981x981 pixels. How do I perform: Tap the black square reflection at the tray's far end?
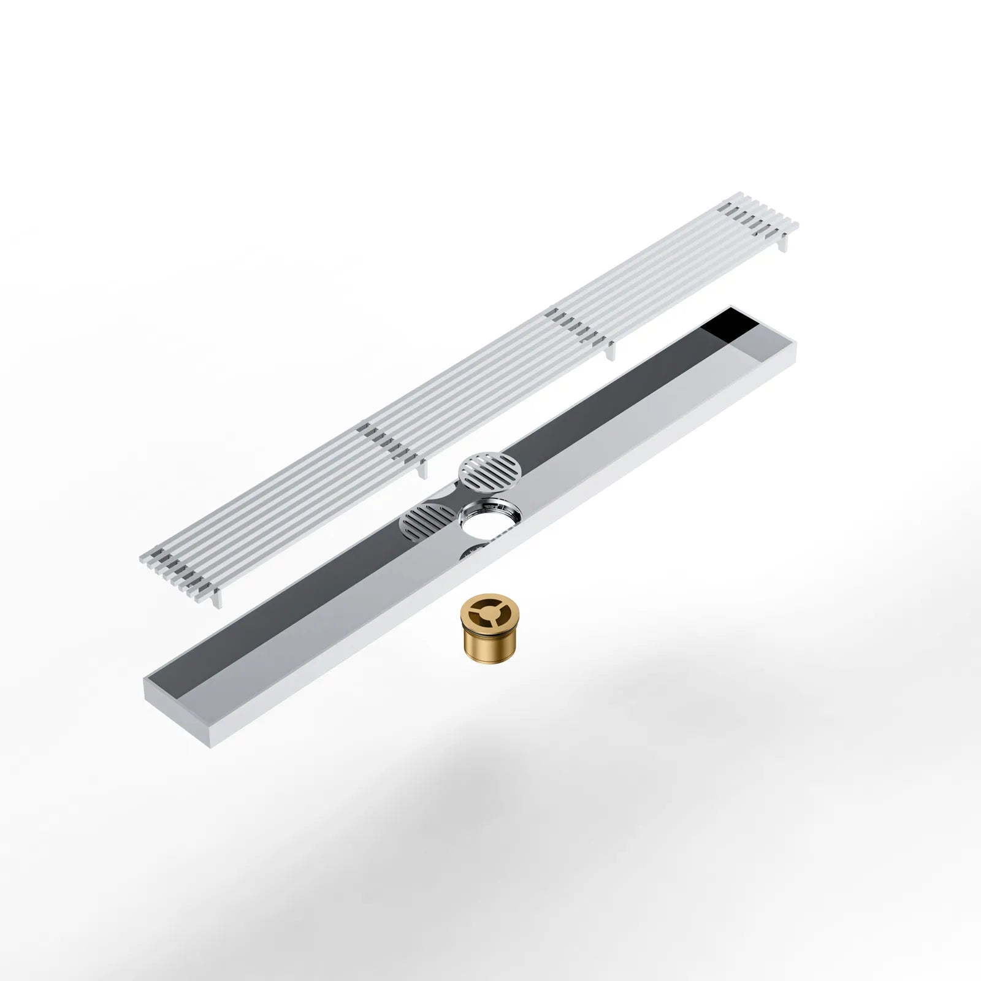[x=730, y=331]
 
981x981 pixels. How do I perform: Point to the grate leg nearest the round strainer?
[x=421, y=468]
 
